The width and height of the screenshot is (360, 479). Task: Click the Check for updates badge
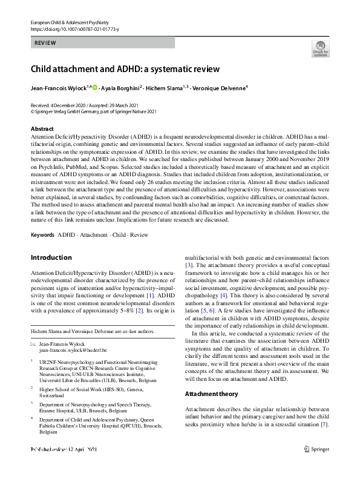[x=319, y=49]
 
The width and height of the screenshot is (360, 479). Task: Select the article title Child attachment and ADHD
[x=125, y=69]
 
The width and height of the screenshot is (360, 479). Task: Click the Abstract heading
[x=42, y=129]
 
